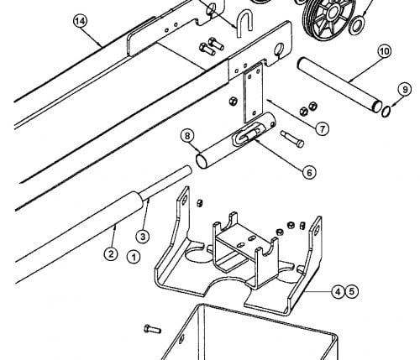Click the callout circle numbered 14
coord(81,21)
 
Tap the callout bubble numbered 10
coord(385,51)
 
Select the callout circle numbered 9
coord(405,90)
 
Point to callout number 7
coord(323,129)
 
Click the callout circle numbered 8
coord(187,136)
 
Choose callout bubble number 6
coord(309,173)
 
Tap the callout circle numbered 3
coord(143,237)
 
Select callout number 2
coord(111,254)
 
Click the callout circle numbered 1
coord(134,257)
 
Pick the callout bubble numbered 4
coord(338,292)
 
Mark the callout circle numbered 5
coord(352,291)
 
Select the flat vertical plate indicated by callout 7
coord(254,92)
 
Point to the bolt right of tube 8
coord(292,138)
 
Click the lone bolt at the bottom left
coord(152,329)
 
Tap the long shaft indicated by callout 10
coord(339,83)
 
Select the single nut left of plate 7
coord(233,102)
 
